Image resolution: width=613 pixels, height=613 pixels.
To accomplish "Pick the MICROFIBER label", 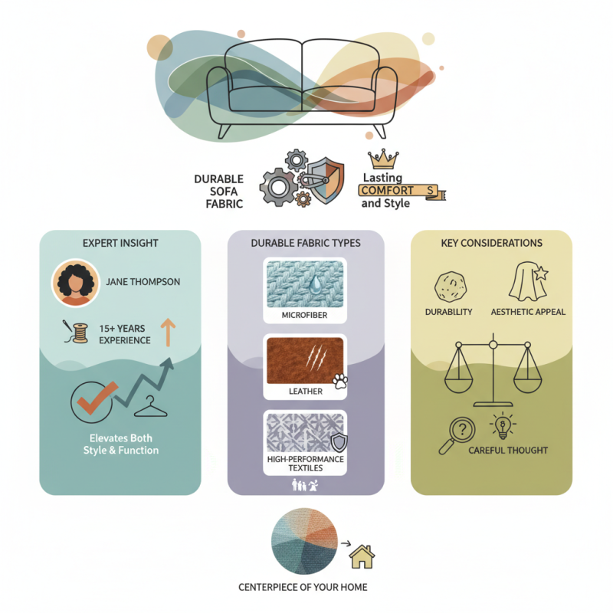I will [x=304, y=315].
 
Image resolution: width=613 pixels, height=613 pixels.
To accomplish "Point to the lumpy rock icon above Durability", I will [x=448, y=285].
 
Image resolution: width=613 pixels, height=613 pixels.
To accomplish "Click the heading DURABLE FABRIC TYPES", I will [x=305, y=243].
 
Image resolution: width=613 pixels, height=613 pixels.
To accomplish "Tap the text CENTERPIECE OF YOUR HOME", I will [x=304, y=588].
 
